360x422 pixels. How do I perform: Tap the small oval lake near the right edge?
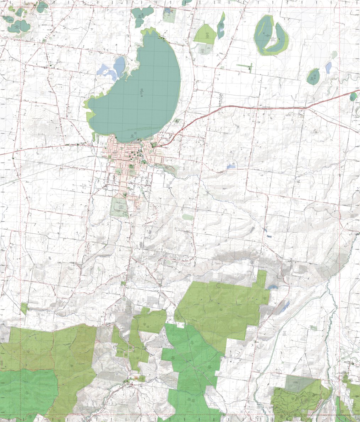(x=313, y=76)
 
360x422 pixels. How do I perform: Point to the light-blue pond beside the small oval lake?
(x=328, y=67)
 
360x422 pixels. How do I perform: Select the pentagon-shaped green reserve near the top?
(x=205, y=33)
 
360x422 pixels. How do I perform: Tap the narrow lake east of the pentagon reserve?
(x=221, y=26)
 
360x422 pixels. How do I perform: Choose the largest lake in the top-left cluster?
(x=19, y=26)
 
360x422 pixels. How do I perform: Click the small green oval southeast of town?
(x=188, y=217)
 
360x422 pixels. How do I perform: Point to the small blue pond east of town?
(x=231, y=166)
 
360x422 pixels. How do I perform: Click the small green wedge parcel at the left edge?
(x=24, y=308)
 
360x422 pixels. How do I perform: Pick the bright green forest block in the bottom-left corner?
(x=27, y=391)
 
